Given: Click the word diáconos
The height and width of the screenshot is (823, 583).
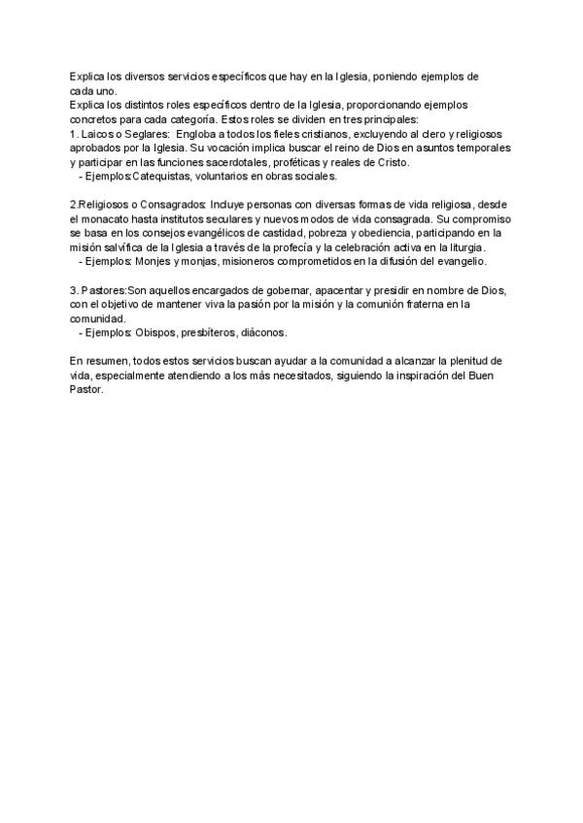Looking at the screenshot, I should point(265,332).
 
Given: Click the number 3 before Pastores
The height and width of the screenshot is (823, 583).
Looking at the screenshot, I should point(73,290).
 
